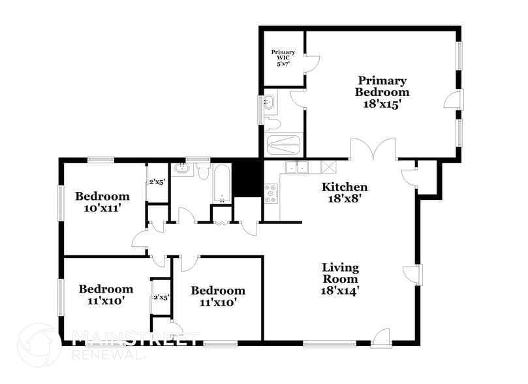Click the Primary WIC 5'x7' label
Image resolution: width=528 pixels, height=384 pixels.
pyautogui.click(x=283, y=57)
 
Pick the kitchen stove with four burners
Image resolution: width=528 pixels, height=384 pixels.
pyautogui.click(x=272, y=194)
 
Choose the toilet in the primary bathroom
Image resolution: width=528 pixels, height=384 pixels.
pyautogui.click(x=272, y=123)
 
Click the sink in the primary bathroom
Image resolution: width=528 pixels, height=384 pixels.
pyautogui.click(x=269, y=102)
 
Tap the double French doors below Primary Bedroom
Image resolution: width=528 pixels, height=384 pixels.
pyautogui.click(x=373, y=150)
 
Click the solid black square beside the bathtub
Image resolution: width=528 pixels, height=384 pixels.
pyautogui.click(x=248, y=178)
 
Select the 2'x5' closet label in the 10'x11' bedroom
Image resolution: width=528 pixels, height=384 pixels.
pyautogui.click(x=157, y=182)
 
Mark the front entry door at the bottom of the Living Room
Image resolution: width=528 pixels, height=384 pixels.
pyautogui.click(x=380, y=336)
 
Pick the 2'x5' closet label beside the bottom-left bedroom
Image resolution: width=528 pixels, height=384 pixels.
pyautogui.click(x=161, y=297)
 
